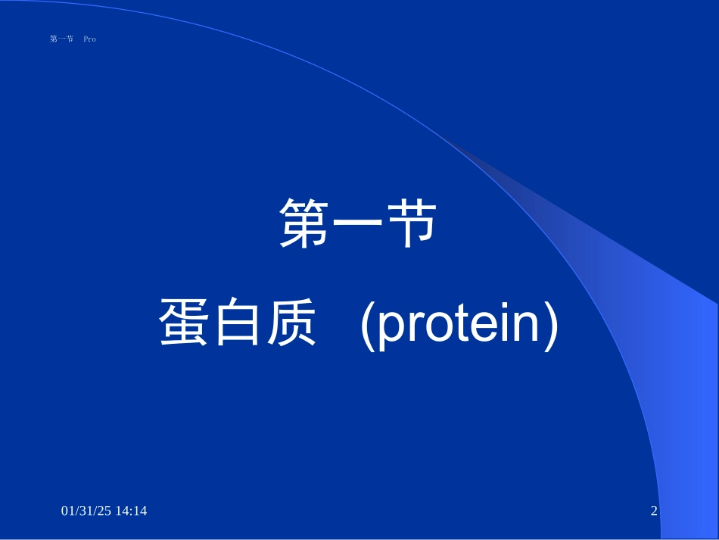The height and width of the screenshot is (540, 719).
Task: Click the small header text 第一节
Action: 61,39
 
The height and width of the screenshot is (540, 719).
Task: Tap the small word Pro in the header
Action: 89,39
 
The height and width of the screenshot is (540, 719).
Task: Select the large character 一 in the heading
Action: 359,225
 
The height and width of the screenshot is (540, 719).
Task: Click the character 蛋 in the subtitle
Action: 185,322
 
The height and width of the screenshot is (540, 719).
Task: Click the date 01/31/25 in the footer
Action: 84,511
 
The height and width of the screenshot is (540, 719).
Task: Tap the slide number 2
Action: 654,511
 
